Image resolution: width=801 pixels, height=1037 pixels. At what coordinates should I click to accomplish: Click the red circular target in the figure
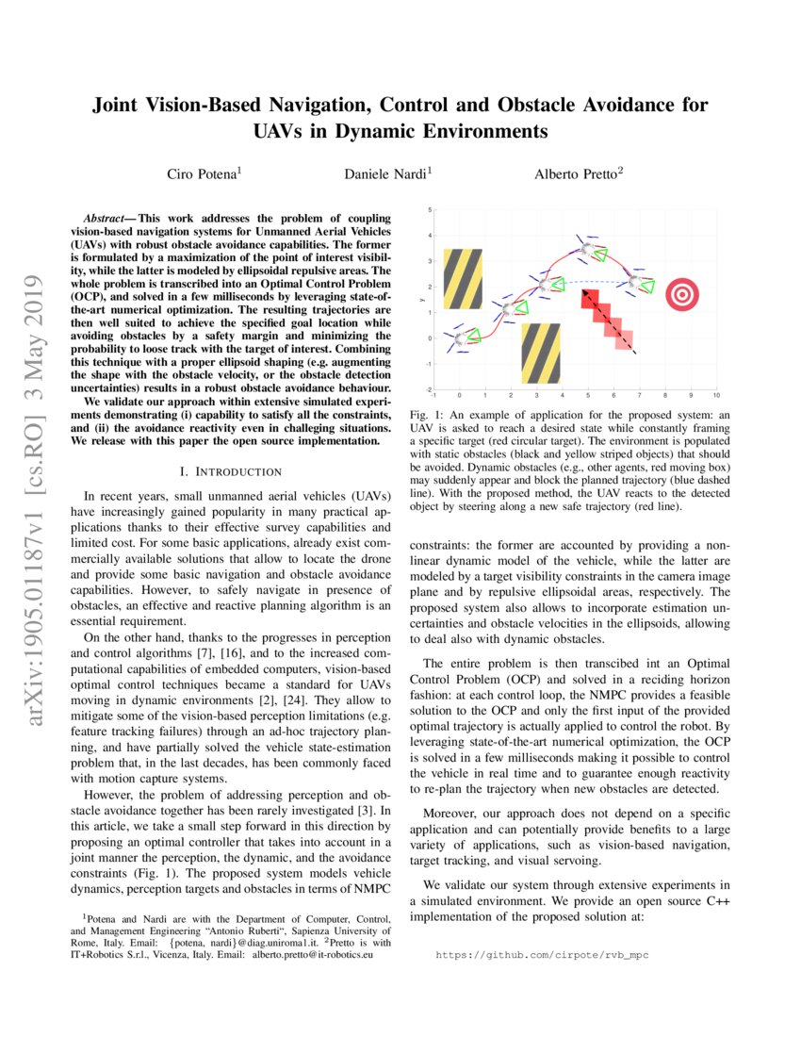(x=681, y=294)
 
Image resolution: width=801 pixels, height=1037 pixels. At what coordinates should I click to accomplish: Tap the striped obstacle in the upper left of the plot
(x=463, y=279)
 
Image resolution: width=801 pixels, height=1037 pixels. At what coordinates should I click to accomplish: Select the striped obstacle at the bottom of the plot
(x=540, y=353)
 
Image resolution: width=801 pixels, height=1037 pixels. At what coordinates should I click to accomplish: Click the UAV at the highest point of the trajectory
(x=588, y=249)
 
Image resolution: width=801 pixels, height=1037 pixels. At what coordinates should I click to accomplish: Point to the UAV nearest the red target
(x=638, y=282)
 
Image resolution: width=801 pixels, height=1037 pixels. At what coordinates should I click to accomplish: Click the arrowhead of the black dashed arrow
(x=634, y=352)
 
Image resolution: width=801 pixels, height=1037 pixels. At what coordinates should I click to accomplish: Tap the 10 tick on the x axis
(x=716, y=396)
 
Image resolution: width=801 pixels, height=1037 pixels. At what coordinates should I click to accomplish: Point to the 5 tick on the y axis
(x=430, y=210)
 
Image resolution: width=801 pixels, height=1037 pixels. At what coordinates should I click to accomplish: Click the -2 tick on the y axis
(x=429, y=389)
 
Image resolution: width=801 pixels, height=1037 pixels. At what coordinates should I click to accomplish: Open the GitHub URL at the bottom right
(x=541, y=955)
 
